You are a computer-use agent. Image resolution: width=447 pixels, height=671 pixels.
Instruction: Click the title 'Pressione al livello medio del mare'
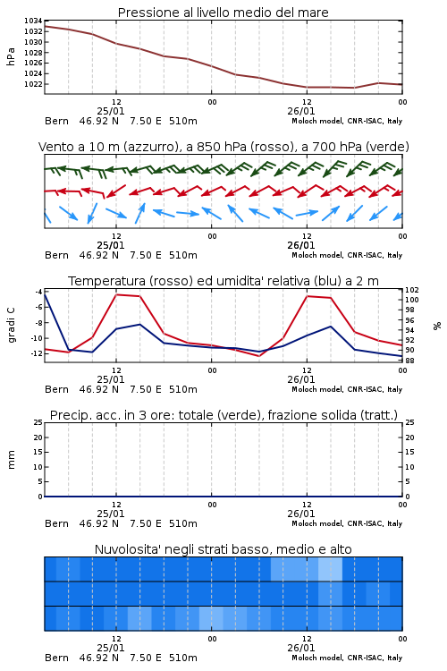(223, 13)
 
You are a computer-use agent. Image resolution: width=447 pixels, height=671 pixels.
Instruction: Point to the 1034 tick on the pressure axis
(33, 21)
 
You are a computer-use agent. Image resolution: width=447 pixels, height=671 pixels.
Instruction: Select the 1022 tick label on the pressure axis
(33, 84)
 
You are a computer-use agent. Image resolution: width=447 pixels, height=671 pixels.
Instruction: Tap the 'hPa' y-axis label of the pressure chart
(11, 56)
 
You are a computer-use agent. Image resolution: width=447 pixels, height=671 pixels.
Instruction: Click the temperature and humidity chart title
(223, 281)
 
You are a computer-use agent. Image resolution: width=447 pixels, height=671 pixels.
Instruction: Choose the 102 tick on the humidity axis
(412, 290)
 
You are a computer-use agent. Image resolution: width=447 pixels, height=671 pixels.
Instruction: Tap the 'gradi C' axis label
(12, 325)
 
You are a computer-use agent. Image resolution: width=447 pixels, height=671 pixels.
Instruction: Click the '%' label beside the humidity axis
(437, 326)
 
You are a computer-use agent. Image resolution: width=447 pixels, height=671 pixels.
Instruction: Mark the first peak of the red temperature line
(116, 294)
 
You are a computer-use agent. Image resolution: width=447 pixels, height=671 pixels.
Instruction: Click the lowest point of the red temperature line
(259, 356)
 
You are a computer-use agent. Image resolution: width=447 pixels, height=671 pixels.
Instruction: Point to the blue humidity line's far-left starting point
(45, 294)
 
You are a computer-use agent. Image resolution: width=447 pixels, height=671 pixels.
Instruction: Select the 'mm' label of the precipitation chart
(12, 460)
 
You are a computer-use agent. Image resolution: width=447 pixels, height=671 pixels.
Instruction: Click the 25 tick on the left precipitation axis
(38, 422)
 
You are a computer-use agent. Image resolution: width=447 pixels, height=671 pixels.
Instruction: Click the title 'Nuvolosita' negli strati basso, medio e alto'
(223, 549)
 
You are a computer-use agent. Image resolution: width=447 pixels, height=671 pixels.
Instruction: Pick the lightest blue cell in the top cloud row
(330, 569)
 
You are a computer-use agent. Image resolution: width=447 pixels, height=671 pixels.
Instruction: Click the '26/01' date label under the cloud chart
(301, 648)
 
